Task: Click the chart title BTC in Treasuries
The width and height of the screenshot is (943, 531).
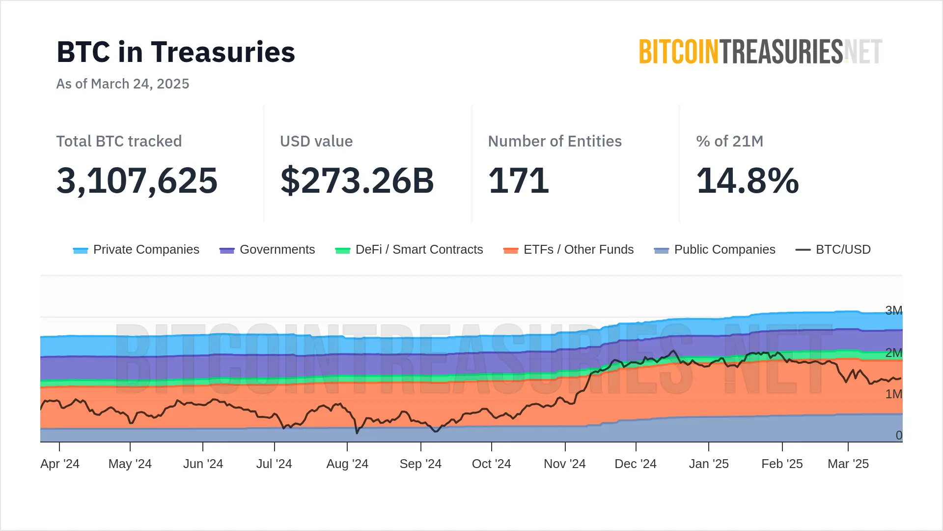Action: coord(176,52)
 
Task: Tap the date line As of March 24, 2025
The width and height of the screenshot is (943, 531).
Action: coord(123,84)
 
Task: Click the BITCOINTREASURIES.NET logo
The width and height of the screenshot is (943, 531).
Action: coord(760,52)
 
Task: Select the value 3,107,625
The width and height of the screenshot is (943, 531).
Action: coord(137,180)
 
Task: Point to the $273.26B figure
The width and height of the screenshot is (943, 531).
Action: coord(357,180)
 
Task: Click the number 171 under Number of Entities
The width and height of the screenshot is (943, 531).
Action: coord(519,180)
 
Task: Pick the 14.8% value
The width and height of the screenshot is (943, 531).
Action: coord(748,180)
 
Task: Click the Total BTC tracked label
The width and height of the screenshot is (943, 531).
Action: coord(119,141)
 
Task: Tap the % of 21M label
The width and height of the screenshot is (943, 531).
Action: coord(729,141)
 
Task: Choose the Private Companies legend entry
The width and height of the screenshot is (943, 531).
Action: coord(136,250)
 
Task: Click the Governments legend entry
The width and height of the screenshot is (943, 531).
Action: coord(267,250)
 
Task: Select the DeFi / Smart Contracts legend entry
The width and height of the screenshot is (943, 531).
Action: coord(409,250)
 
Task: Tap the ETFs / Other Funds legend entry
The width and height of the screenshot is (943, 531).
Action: coord(569,250)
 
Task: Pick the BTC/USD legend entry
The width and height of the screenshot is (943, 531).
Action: coord(833,250)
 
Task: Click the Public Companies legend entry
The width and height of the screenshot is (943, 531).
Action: coord(715,250)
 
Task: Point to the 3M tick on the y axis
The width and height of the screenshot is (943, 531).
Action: coord(893,310)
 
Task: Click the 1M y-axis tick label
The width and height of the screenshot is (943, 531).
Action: coord(893,394)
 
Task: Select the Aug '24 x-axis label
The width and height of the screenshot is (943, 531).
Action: coord(347,464)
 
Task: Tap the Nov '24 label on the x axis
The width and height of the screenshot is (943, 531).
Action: coord(565,464)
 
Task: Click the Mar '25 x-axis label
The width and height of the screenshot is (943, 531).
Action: coord(848,464)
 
